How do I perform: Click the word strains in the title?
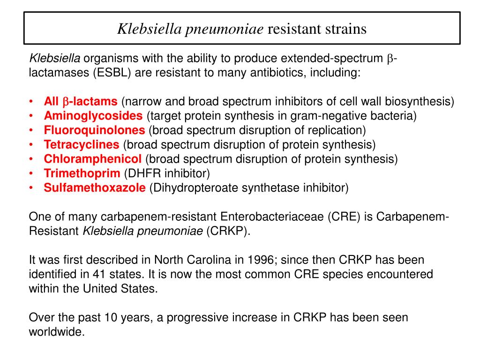coord(345,29)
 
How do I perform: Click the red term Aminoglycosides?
coord(93,116)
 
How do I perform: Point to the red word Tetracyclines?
coord(82,145)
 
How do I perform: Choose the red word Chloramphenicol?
coord(92,159)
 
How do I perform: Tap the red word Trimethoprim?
coord(82,173)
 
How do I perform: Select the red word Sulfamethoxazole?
coord(95,188)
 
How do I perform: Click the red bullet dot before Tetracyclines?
coord(31,145)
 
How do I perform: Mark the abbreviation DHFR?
coord(141,173)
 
